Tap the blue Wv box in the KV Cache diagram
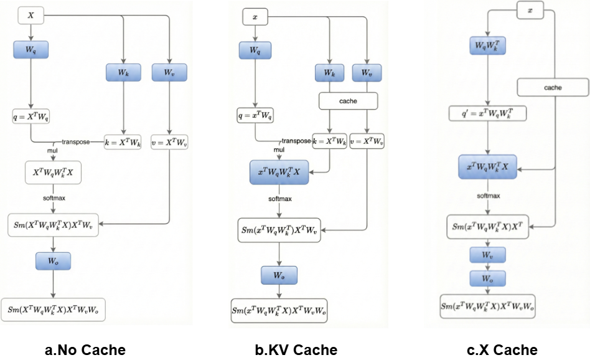[367, 73]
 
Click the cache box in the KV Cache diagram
[349, 100]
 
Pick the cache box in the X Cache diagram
[553, 88]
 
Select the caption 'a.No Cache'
[85, 349]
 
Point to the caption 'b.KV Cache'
[296, 349]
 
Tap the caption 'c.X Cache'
[502, 349]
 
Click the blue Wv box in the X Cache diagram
[488, 255]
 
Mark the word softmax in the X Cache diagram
[489, 196]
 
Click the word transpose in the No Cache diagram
[75, 142]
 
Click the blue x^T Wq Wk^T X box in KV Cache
[279, 171]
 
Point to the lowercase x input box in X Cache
[530, 11]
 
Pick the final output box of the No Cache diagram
[53, 309]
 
